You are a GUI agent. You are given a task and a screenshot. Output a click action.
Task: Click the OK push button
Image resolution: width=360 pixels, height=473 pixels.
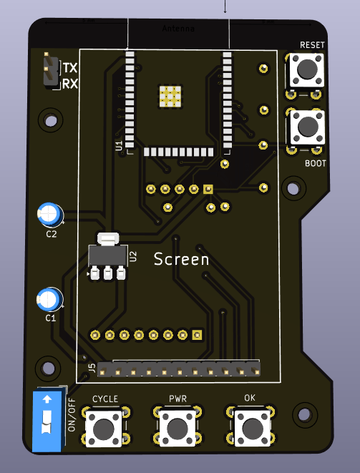(x=250, y=429)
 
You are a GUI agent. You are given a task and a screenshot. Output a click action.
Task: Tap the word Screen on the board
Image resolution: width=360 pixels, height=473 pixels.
(x=182, y=260)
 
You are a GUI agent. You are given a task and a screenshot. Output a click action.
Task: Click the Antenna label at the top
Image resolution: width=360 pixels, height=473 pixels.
(x=178, y=29)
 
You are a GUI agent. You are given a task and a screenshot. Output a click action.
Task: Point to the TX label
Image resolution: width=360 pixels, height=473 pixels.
(x=70, y=69)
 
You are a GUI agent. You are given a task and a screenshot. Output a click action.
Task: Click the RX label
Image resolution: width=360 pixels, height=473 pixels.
(x=70, y=84)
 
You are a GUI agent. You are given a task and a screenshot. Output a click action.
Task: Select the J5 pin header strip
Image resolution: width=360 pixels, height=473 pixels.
(x=179, y=369)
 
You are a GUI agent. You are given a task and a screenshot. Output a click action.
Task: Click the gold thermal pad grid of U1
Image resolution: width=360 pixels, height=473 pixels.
(x=170, y=96)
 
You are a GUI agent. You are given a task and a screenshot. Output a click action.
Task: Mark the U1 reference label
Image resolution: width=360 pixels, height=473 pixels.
(x=119, y=146)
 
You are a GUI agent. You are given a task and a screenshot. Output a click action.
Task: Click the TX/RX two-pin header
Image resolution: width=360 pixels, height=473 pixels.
(x=50, y=70)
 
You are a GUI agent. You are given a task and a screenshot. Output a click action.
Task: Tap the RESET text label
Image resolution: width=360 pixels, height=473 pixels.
(x=312, y=45)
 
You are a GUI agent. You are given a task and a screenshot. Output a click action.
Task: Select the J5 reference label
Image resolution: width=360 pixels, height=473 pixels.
(x=91, y=369)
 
